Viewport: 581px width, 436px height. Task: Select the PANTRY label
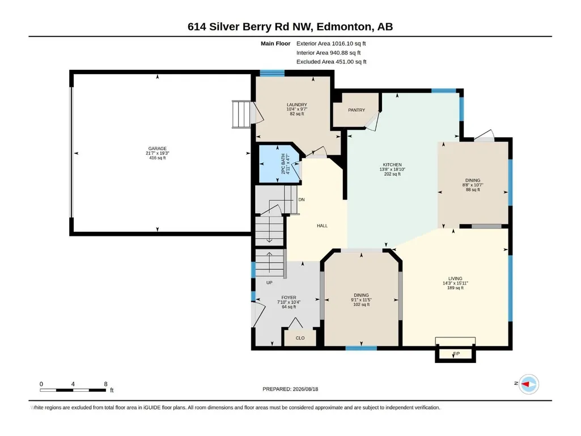[357, 110]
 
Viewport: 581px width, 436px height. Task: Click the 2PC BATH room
[279, 164]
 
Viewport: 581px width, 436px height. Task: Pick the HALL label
[322, 226]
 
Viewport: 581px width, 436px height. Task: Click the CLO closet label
[300, 338]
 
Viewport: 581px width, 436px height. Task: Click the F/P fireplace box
[455, 354]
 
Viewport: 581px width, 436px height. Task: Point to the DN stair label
[302, 200]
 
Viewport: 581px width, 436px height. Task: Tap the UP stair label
[269, 282]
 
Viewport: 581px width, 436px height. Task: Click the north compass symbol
[528, 384]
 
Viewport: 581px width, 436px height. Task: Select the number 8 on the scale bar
[105, 384]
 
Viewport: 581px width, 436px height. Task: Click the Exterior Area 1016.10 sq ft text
[331, 44]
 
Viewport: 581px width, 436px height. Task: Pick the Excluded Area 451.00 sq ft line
[331, 62]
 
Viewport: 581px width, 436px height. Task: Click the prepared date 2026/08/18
[306, 389]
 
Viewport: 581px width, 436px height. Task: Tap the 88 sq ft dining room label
[473, 189]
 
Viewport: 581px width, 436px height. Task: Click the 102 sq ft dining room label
[361, 304]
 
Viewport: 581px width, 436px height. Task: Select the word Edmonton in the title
[344, 27]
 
